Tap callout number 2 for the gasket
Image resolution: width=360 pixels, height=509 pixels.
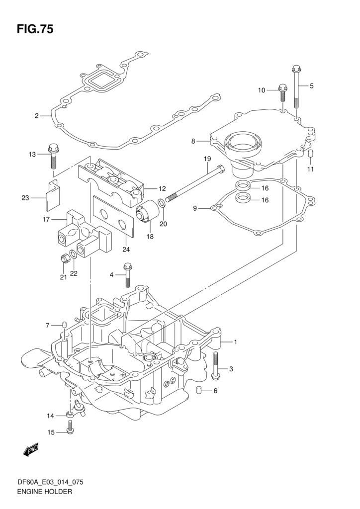(37, 116)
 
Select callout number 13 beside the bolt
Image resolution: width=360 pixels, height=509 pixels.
(32, 155)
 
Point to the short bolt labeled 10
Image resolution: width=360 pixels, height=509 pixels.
(282, 93)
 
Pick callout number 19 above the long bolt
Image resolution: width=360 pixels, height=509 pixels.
(207, 159)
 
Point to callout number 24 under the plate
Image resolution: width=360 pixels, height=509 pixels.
(126, 249)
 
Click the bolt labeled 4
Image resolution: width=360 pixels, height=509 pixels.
(127, 275)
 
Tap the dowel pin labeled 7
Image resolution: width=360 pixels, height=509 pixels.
(65, 325)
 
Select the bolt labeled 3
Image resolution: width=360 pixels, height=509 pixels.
(215, 365)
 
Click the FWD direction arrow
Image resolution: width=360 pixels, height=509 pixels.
(30, 451)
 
